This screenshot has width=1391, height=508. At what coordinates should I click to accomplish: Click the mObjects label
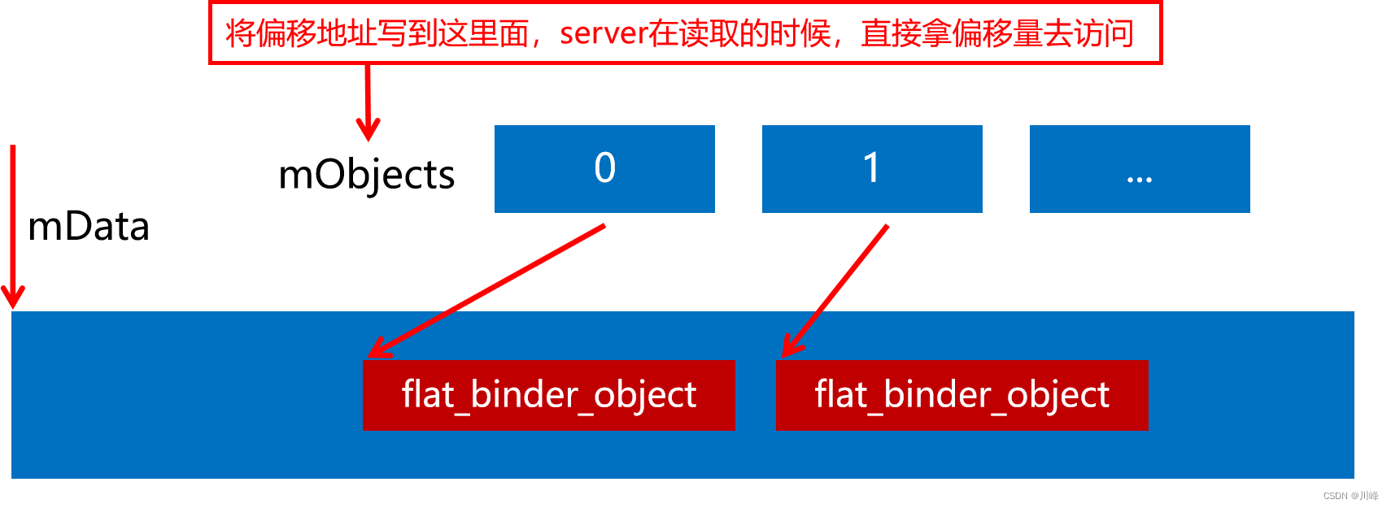(366, 175)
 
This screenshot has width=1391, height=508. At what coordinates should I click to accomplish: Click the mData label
(89, 227)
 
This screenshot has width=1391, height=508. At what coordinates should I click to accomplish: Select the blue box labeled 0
(604, 169)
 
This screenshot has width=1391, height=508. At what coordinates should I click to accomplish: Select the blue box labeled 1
(872, 169)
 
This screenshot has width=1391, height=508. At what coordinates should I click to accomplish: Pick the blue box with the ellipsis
(1140, 169)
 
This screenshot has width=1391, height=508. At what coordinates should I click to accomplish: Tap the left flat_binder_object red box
(548, 395)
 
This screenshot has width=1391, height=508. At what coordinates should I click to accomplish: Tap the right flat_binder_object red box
(961, 395)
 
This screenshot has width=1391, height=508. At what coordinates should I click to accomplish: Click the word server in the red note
(603, 34)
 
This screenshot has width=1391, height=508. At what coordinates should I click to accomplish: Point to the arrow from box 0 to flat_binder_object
(488, 290)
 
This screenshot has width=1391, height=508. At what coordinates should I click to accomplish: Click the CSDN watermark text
(1350, 496)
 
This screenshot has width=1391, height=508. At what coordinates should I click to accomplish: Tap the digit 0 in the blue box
(604, 167)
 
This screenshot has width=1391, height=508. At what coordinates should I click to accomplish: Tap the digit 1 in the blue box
(871, 167)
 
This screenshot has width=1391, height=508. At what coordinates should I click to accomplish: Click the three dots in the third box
(1140, 180)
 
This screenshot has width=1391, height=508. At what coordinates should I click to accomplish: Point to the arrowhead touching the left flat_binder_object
(377, 350)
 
